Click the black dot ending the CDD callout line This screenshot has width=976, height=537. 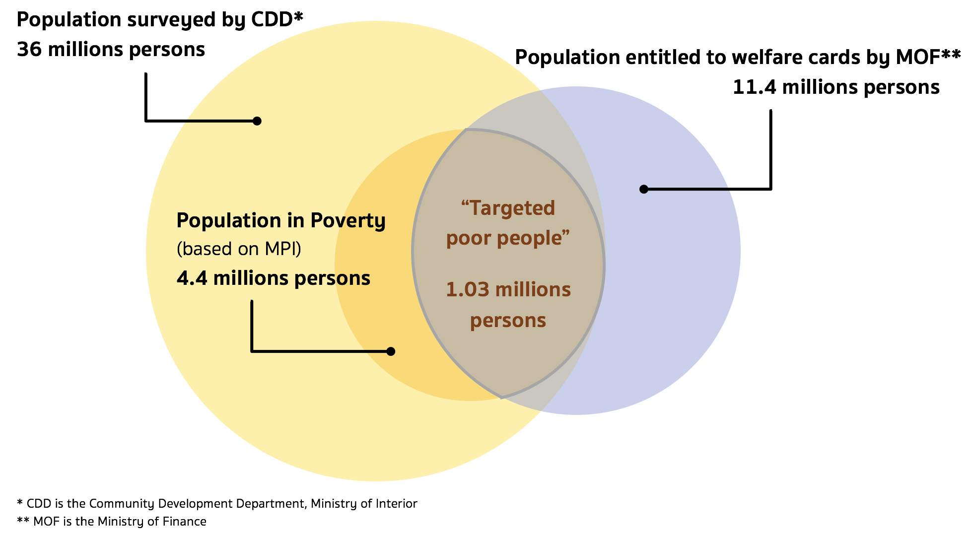(257, 121)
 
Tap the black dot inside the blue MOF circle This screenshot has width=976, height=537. (644, 189)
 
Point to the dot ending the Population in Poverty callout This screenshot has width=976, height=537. (391, 351)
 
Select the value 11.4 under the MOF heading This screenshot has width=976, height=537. (755, 87)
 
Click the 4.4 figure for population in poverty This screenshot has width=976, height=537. (192, 278)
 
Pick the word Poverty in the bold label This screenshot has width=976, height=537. (348, 221)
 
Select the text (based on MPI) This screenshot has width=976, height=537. (239, 249)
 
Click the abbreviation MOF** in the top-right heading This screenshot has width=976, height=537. (928, 57)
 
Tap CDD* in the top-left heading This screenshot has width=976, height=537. (277, 19)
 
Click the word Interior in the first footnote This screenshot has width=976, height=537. (397, 504)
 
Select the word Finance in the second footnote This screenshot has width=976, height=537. (186, 522)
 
